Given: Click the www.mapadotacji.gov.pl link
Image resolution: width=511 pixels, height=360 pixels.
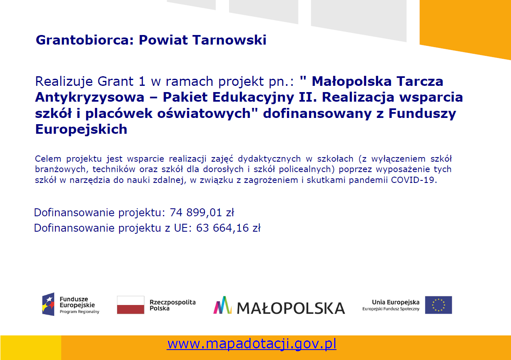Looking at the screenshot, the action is coord(252,344).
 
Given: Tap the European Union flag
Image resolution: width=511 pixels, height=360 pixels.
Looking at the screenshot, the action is coord(438,305).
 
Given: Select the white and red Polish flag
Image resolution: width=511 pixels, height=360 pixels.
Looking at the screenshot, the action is coord(130,305).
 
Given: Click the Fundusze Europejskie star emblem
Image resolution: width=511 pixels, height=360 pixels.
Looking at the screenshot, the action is coord(48,304).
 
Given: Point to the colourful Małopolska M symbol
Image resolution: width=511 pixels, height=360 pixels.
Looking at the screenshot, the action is coord(222,305).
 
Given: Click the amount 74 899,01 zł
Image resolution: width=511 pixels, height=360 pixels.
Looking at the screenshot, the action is coord(202,212).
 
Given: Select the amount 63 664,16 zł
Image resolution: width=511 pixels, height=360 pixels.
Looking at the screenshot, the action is coord(228,228).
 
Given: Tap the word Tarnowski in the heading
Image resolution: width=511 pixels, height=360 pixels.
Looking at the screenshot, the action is coord(229,40).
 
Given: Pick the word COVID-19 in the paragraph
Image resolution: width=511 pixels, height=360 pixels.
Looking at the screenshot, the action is coord(414,180).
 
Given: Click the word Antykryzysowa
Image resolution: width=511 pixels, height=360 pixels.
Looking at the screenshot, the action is coord(90,97).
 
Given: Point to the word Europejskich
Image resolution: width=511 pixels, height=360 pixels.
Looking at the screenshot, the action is coord(81,130).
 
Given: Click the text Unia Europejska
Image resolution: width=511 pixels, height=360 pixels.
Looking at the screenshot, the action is coord(396,302).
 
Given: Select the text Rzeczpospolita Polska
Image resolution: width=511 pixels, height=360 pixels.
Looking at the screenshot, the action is coord(172,305).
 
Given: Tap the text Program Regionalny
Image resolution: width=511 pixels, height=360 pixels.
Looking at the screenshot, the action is coord(80,312).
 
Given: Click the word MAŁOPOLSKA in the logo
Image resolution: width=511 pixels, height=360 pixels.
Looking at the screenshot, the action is coord(291,308).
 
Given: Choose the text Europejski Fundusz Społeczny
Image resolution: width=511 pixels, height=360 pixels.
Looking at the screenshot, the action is coord(391,309).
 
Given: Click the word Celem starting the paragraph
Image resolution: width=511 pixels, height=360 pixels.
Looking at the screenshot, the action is coord(48,159).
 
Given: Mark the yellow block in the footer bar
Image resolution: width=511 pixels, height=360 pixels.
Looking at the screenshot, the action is coord(31,347).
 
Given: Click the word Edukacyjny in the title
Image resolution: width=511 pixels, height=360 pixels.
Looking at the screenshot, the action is coord(253,97).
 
